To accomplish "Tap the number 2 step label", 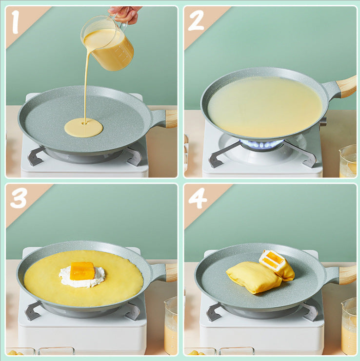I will pos(196,20).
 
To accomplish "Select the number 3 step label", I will pos(19,198).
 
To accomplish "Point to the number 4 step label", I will pos(198,198).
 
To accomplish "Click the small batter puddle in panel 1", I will pos(83,128).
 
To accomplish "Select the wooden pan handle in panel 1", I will pos(170,118).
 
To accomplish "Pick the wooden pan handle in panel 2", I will pos(347,86).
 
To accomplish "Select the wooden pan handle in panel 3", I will pos(171,272).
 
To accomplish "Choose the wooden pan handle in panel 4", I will pos(347,275).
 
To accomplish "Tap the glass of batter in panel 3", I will pos(171,325).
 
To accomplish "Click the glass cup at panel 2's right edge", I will pos(348,160).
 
